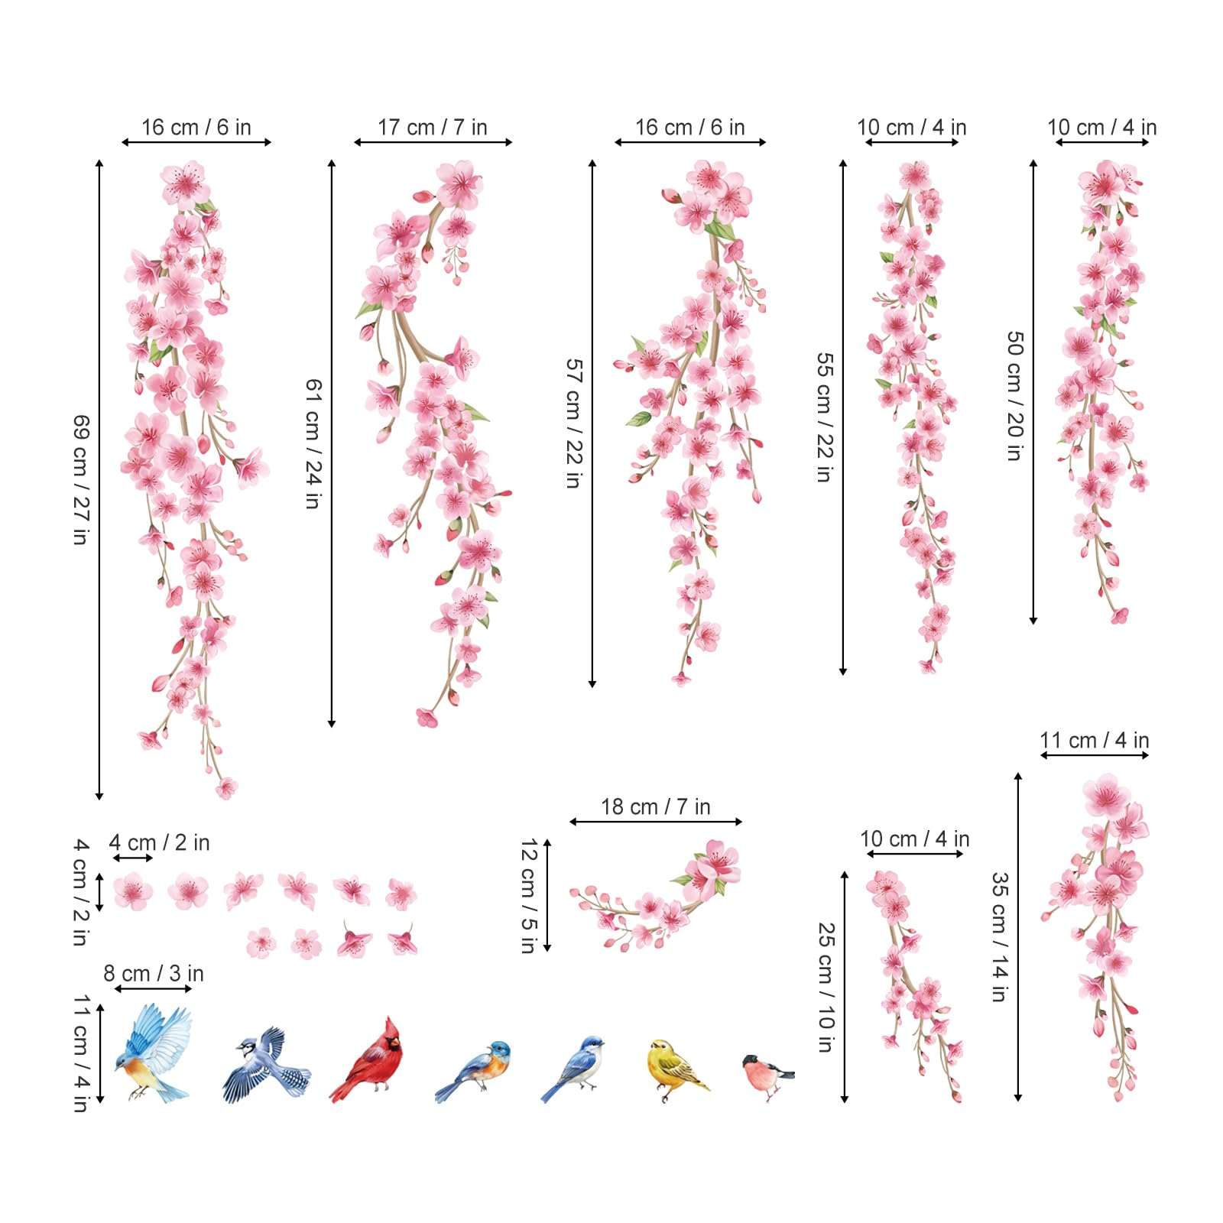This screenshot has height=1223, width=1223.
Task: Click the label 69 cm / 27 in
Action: [81, 479]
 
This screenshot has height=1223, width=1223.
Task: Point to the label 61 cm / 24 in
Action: [314, 443]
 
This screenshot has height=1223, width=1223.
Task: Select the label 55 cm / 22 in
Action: [825, 417]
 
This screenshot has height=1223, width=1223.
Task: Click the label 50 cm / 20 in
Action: [1015, 395]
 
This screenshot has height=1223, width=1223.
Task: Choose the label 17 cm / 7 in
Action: [432, 127]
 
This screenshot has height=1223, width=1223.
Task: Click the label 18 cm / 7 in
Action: [655, 806]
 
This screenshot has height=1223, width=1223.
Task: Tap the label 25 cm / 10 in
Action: [826, 987]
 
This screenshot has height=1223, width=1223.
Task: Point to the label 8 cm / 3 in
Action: [153, 973]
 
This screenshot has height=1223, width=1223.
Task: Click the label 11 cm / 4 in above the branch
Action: [1094, 740]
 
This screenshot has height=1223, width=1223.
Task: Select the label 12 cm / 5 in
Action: [528, 895]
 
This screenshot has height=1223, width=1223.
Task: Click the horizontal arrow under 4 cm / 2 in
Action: [132, 858]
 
